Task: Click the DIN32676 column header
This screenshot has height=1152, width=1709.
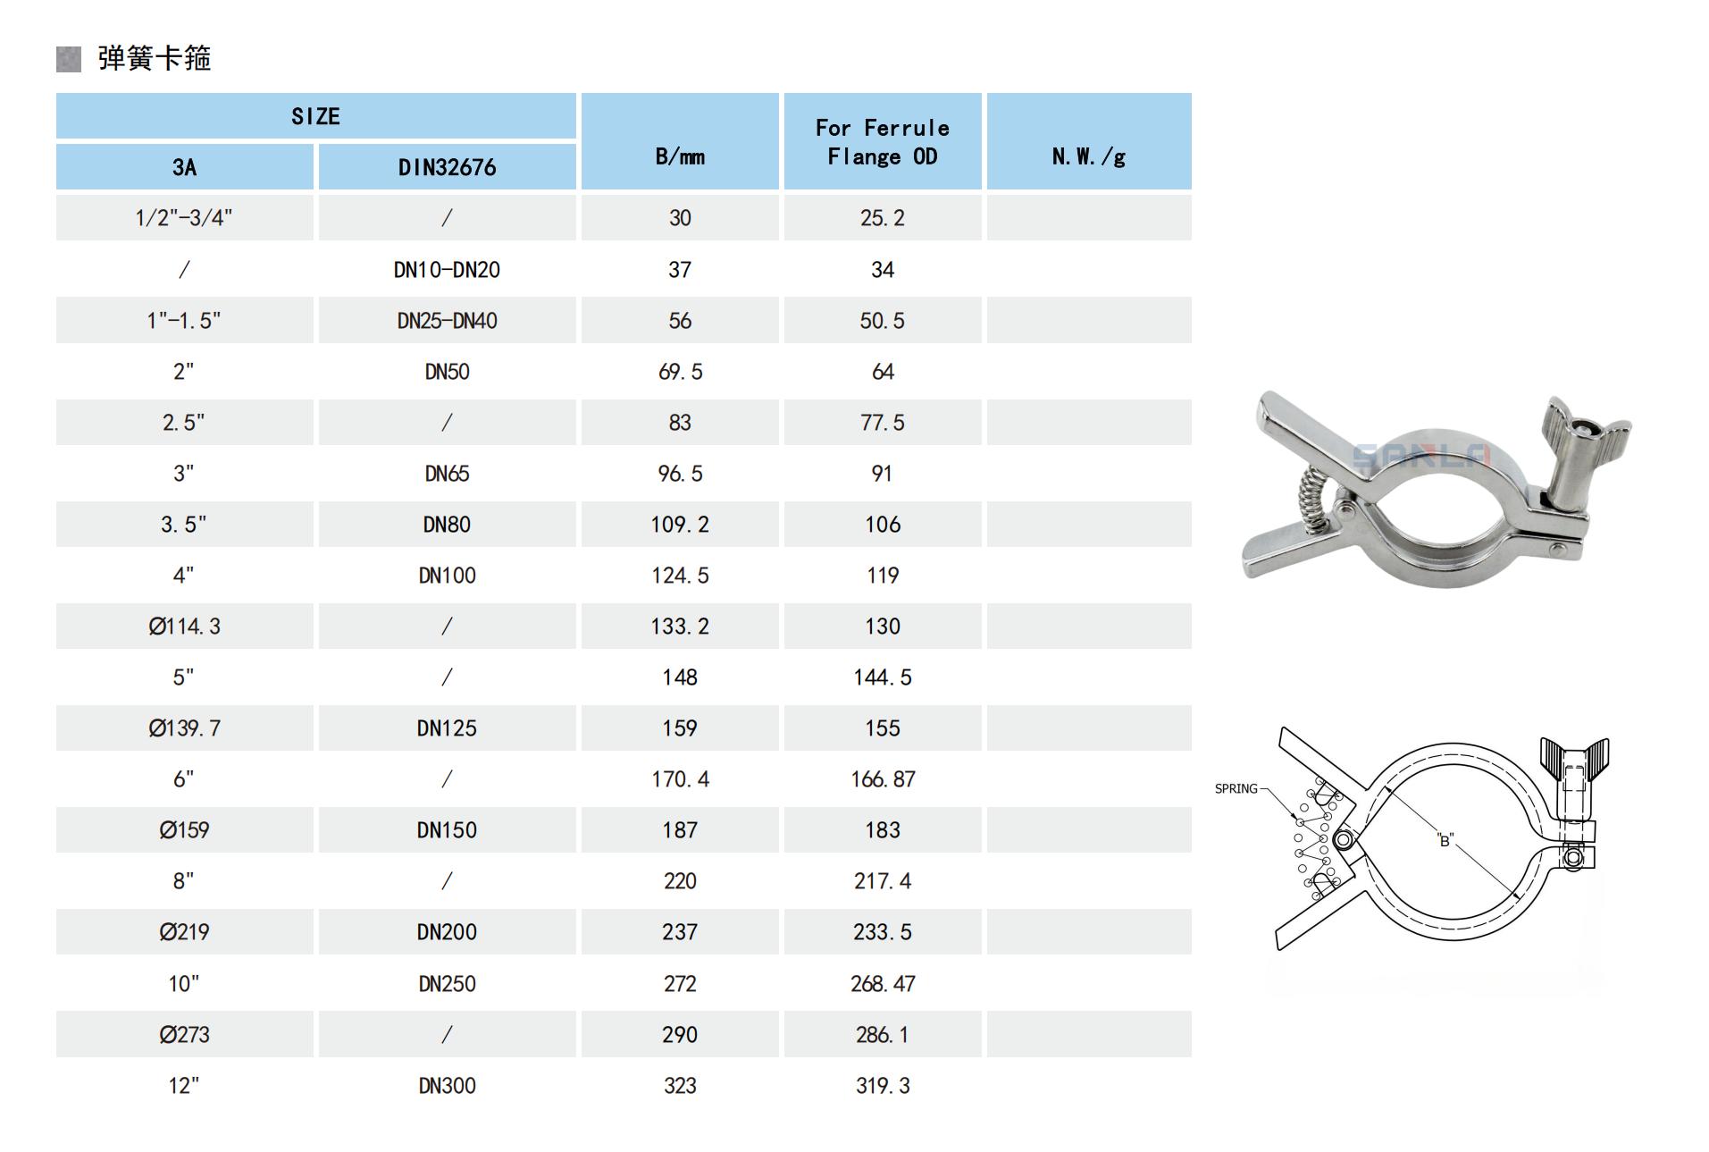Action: pos(447,167)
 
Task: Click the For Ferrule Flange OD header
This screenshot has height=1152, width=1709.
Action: pos(883,141)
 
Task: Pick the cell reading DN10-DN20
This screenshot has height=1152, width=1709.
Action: pos(447,269)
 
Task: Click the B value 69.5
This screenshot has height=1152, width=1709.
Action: pos(680,371)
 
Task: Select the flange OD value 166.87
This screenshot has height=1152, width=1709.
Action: pos(883,778)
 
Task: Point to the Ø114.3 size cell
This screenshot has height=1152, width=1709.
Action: pos(184,626)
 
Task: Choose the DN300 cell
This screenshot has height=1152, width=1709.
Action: pos(447,1085)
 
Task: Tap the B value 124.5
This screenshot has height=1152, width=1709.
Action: pos(680,575)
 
